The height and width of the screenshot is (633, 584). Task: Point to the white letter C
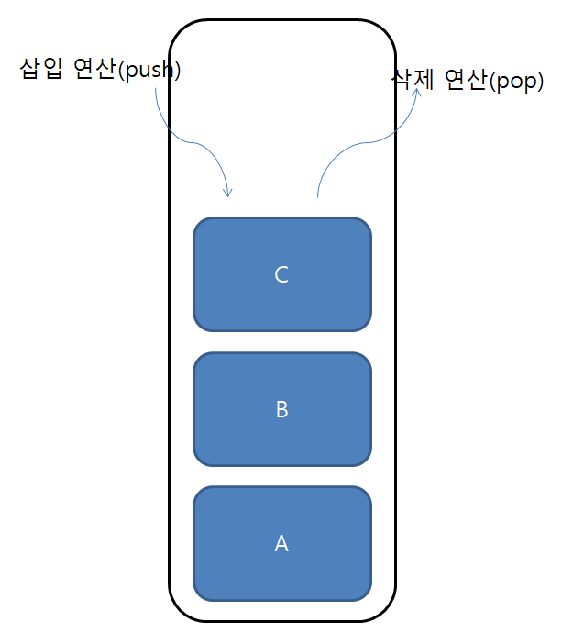pyautogui.click(x=281, y=274)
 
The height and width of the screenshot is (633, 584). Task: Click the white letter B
pyautogui.click(x=281, y=409)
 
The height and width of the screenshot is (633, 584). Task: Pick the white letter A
pyautogui.click(x=281, y=543)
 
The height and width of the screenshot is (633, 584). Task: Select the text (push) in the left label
pyautogui.click(x=149, y=71)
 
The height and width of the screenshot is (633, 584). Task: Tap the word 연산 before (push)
pyautogui.click(x=94, y=70)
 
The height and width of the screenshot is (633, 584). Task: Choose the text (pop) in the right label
pyautogui.click(x=516, y=82)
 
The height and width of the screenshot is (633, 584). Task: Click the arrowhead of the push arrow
pyautogui.click(x=228, y=193)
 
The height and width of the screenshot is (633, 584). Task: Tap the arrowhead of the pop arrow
pyautogui.click(x=417, y=92)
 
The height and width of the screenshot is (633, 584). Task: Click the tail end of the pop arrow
pyautogui.click(x=317, y=195)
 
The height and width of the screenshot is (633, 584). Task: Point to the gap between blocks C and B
pyautogui.click(x=281, y=341)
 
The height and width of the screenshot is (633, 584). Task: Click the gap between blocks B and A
pyautogui.click(x=281, y=476)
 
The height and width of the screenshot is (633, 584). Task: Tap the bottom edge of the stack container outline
pyautogui.click(x=281, y=620)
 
